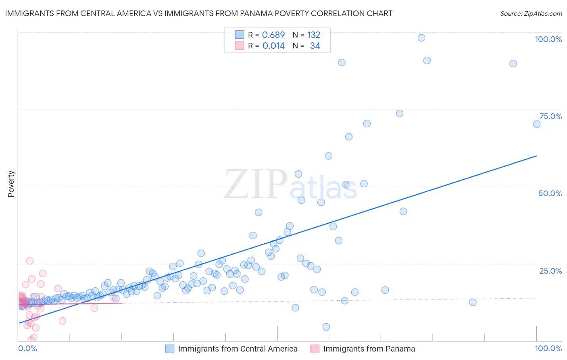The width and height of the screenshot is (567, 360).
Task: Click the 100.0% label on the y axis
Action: tap(548, 39)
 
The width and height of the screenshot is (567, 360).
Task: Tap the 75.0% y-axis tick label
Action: tap(550, 116)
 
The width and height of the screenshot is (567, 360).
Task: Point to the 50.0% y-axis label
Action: tap(550, 193)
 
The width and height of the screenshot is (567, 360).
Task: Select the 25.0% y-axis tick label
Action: tap(550, 271)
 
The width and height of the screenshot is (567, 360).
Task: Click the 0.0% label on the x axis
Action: tap(27, 348)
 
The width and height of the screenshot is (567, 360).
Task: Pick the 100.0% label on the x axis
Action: tap(548, 348)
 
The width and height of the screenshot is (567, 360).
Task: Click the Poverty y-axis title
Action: tap(11, 184)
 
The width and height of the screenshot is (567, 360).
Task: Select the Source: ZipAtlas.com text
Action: tap(531, 14)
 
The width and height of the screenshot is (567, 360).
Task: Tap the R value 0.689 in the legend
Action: tap(273, 35)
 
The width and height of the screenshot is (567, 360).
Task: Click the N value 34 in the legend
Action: tap(315, 46)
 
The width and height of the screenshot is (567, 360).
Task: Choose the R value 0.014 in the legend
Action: tap(273, 46)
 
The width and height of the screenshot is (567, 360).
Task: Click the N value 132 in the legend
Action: tap(314, 35)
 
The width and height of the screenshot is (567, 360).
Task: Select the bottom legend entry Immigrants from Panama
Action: tap(369, 349)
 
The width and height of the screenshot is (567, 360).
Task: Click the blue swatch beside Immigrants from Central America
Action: tap(170, 349)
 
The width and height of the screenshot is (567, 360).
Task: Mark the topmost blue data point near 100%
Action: tap(421, 38)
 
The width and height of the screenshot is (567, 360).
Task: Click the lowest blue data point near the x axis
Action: tap(326, 327)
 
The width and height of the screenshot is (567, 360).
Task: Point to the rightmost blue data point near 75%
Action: tap(537, 124)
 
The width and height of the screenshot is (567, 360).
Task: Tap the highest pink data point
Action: tap(29, 261)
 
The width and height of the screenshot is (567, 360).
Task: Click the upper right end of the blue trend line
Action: tap(536, 156)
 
